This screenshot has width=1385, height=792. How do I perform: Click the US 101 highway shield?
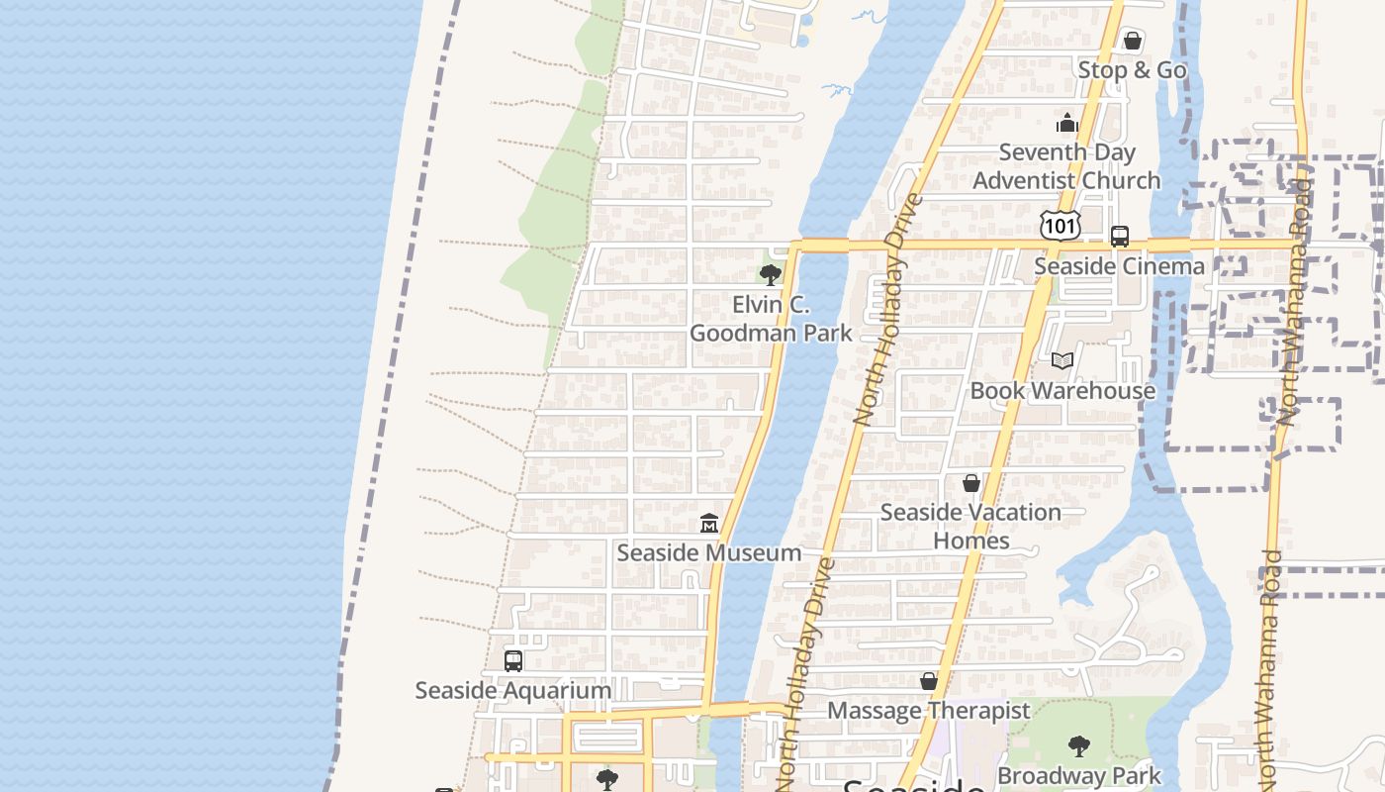(1060, 226)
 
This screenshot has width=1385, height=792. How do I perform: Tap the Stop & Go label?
(1132, 70)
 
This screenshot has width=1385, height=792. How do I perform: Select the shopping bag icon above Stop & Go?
(1133, 42)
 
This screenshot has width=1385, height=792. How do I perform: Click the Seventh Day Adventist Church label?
(1066, 166)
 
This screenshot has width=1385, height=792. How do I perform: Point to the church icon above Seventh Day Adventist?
(1066, 123)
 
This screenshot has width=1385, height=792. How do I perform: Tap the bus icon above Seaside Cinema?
(1120, 237)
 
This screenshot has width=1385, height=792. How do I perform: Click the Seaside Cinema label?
(1119, 266)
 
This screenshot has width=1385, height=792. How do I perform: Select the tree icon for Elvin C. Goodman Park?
(770, 275)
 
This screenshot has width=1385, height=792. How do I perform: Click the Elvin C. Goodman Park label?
(770, 319)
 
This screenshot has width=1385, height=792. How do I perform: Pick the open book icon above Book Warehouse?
(1062, 361)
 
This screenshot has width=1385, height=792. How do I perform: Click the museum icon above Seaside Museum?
(709, 523)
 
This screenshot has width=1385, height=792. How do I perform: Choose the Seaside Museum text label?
(709, 552)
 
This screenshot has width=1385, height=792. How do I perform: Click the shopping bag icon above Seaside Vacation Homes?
(971, 483)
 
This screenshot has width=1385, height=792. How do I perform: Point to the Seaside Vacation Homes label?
(970, 527)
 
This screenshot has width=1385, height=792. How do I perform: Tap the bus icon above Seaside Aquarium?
(513, 661)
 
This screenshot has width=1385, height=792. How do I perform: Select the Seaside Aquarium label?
(513, 690)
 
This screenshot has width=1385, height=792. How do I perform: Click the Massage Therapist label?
(928, 711)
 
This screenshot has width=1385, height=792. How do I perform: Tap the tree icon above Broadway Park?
(1079, 746)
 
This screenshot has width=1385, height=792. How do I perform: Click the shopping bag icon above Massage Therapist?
(929, 682)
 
